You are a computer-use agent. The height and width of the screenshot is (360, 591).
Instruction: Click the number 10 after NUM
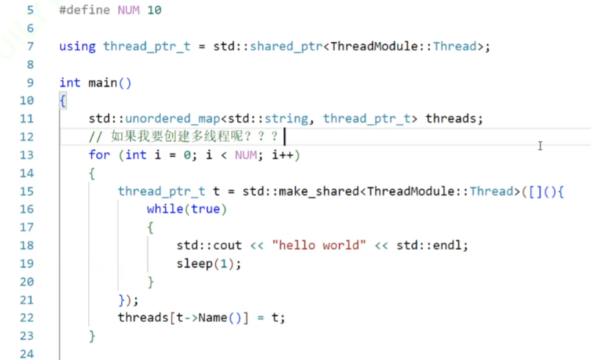(x=154, y=10)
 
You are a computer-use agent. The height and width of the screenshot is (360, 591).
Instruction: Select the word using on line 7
(x=77, y=46)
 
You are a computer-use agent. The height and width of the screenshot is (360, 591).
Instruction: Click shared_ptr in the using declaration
(x=286, y=46)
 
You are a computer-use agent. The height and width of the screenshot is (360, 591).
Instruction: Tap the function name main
(x=102, y=82)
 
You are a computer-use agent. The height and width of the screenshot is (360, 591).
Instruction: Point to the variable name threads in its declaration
(x=452, y=118)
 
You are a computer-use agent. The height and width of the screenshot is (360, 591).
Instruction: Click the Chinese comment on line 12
(x=194, y=137)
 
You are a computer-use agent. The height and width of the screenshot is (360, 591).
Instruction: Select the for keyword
(x=99, y=155)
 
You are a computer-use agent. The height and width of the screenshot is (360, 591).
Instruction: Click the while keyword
(x=164, y=209)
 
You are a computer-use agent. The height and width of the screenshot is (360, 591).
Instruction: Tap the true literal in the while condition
(x=206, y=209)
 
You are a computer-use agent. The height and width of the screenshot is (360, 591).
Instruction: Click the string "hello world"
(x=319, y=245)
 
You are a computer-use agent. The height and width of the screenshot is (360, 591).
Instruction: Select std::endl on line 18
(x=432, y=245)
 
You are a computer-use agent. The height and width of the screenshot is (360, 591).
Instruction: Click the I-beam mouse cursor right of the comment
(x=540, y=146)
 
